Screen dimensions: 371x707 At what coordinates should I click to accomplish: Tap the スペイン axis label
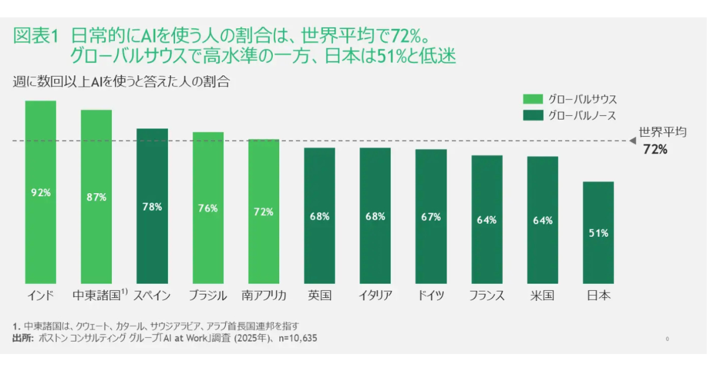coord(152,295)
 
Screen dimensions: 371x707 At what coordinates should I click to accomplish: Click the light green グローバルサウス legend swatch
coord(533,99)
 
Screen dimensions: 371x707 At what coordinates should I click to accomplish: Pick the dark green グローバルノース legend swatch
coord(533,115)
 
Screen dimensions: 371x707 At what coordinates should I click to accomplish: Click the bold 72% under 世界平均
coord(655,150)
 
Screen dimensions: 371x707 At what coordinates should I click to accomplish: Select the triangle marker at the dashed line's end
coord(632,141)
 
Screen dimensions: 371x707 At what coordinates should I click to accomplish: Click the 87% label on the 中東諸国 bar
coord(96,197)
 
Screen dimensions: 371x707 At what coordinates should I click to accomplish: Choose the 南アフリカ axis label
coord(263,295)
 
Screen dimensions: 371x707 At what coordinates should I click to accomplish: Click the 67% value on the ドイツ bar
coord(431,217)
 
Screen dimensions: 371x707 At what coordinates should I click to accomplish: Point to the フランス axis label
coord(487,295)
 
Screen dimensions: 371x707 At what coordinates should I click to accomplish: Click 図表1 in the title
coord(35,35)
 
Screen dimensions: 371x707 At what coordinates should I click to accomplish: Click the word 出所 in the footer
coord(22,339)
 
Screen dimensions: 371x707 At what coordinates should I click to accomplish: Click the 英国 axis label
coord(319,295)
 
